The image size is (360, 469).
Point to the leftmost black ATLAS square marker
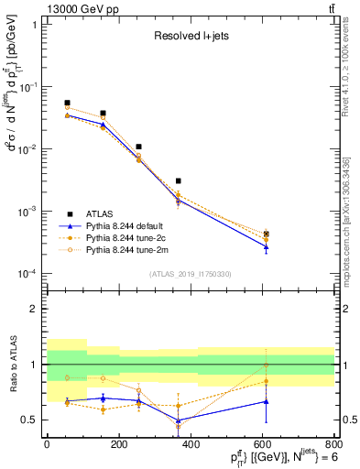pyautogui.click(x=68, y=104)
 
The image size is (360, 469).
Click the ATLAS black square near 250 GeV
pyautogui.click(x=138, y=147)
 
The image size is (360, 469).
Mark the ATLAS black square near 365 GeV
pyautogui.click(x=179, y=181)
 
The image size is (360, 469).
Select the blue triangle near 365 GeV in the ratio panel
pyautogui.click(x=179, y=420)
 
